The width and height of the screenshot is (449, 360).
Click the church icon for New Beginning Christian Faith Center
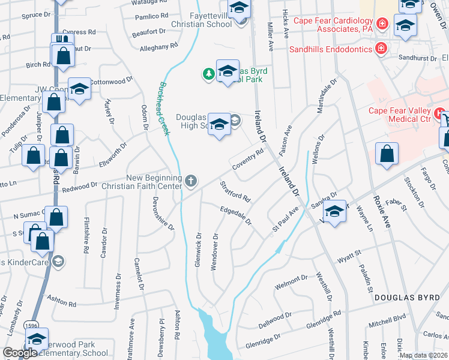coord(191,181)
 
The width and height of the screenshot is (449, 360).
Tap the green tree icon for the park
coord(208,74)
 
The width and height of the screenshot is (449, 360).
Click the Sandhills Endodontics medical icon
coord(380,48)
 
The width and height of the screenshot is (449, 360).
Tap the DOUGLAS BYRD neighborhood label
coord(403,298)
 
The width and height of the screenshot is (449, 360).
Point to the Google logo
coord(19,352)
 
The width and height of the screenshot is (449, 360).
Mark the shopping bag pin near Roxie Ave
coord(387,154)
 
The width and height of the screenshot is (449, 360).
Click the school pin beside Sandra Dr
coord(335,212)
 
